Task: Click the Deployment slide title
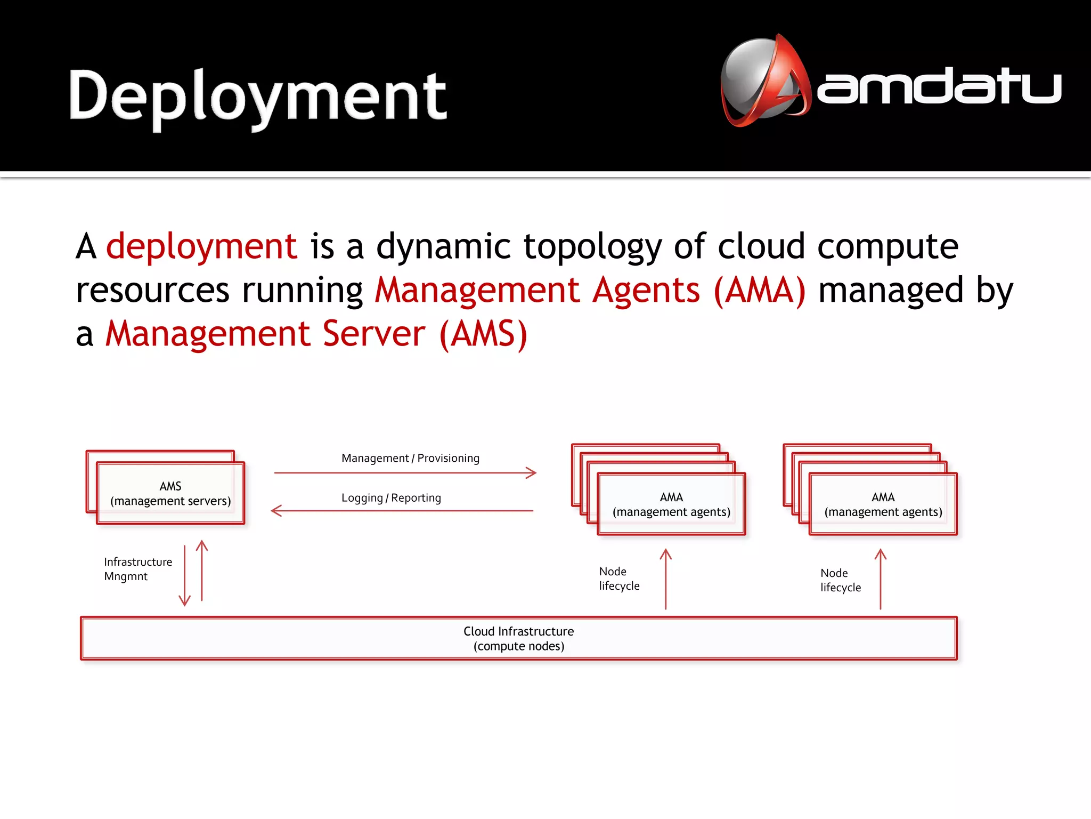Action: [x=258, y=96]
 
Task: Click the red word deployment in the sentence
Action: [x=201, y=246]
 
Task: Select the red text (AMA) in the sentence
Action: [x=760, y=290]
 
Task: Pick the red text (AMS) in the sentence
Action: [x=484, y=334]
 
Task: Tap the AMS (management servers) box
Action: [x=170, y=493]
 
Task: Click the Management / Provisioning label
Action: [x=410, y=458]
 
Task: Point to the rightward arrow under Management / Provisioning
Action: [x=405, y=472]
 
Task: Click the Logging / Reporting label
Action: [x=391, y=497]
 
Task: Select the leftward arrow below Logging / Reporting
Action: [x=402, y=511]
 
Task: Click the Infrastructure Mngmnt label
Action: [x=137, y=569]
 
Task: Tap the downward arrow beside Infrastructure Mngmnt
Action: [x=184, y=576]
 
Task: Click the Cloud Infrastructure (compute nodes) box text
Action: [x=518, y=638]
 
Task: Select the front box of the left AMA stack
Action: [x=671, y=504]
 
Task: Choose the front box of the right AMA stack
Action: [x=883, y=504]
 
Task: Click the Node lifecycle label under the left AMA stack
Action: [x=618, y=579]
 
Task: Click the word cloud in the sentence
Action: [x=761, y=246]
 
